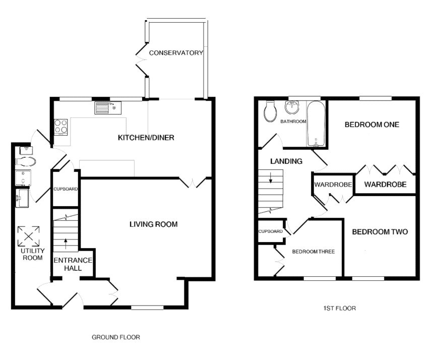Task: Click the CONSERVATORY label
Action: coord(176,52)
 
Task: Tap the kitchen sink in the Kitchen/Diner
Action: coord(108,108)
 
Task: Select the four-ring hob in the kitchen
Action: coord(61,127)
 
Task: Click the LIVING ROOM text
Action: coord(154,224)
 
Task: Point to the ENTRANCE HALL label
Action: coord(73,264)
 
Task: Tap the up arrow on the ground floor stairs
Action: coord(66,244)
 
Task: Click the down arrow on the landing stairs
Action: coord(271,177)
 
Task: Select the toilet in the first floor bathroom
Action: coord(270,111)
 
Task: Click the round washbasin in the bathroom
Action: coord(292,107)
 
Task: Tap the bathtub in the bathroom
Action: coord(316,124)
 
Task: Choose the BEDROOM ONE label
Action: coord(372,125)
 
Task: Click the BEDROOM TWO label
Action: coord(380,231)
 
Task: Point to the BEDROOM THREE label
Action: coord(313,252)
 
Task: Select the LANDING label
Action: coord(286,161)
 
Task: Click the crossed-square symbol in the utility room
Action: coord(28,236)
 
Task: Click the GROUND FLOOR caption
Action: coord(116,337)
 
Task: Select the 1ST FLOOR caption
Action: coord(340,308)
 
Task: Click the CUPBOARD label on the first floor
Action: coord(271,231)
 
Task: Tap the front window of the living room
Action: coord(147,308)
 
